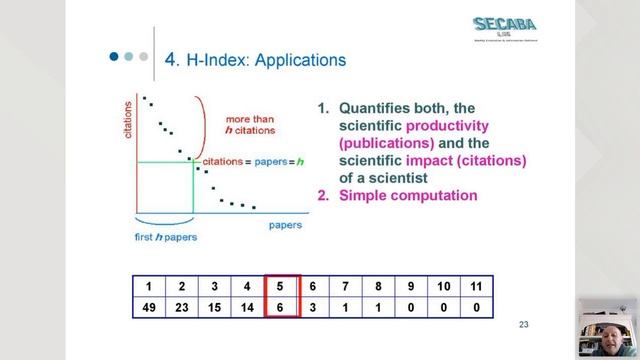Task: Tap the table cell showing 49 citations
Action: [149, 308]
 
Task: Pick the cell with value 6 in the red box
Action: [282, 308]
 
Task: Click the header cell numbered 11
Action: [476, 287]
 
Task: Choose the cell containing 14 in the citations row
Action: [248, 308]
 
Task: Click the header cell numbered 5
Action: [282, 287]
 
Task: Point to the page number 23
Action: [523, 324]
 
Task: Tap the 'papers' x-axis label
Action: [285, 225]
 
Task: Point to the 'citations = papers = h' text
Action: [253, 161]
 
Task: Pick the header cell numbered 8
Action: [379, 287]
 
